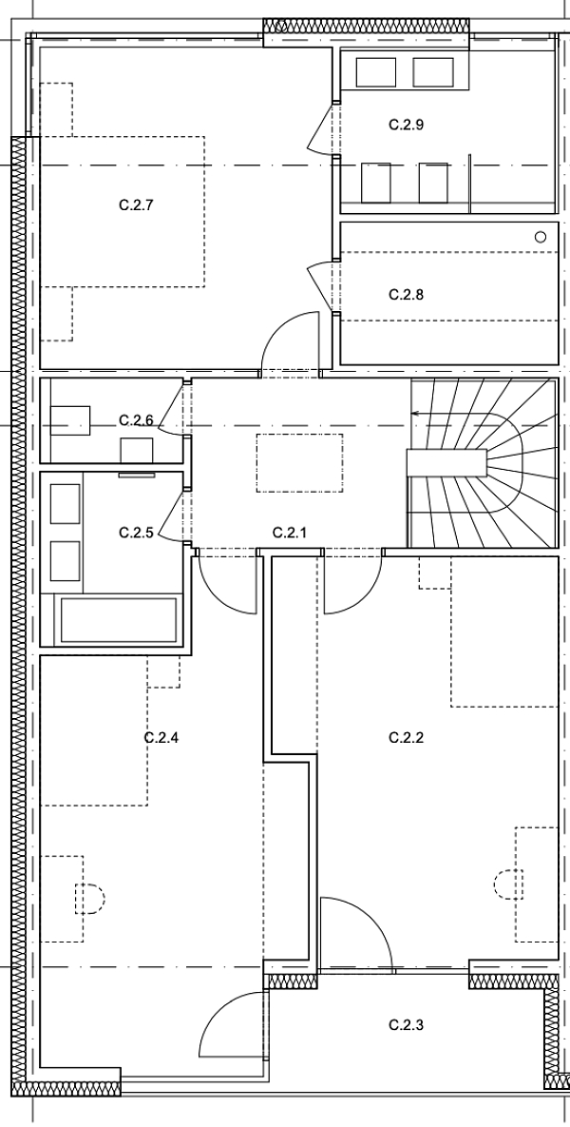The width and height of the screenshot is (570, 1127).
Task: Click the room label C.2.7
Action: click(137, 204)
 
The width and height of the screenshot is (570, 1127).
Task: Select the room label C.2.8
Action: click(407, 295)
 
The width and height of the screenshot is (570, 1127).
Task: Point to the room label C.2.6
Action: click(136, 419)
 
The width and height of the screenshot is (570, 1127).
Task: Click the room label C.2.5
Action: click(136, 533)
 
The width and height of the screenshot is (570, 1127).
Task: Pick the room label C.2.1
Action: click(290, 533)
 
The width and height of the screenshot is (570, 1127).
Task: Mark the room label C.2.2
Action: click(407, 737)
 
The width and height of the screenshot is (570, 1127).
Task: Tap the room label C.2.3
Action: click(407, 1025)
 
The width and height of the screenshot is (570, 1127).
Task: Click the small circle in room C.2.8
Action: click(541, 236)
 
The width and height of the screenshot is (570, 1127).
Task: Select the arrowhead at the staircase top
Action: click(414, 413)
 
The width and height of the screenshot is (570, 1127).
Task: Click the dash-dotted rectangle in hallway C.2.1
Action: click(299, 462)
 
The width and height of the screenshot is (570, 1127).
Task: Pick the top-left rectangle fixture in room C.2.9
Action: click(375, 72)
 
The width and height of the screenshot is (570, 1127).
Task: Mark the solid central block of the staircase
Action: click(446, 462)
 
